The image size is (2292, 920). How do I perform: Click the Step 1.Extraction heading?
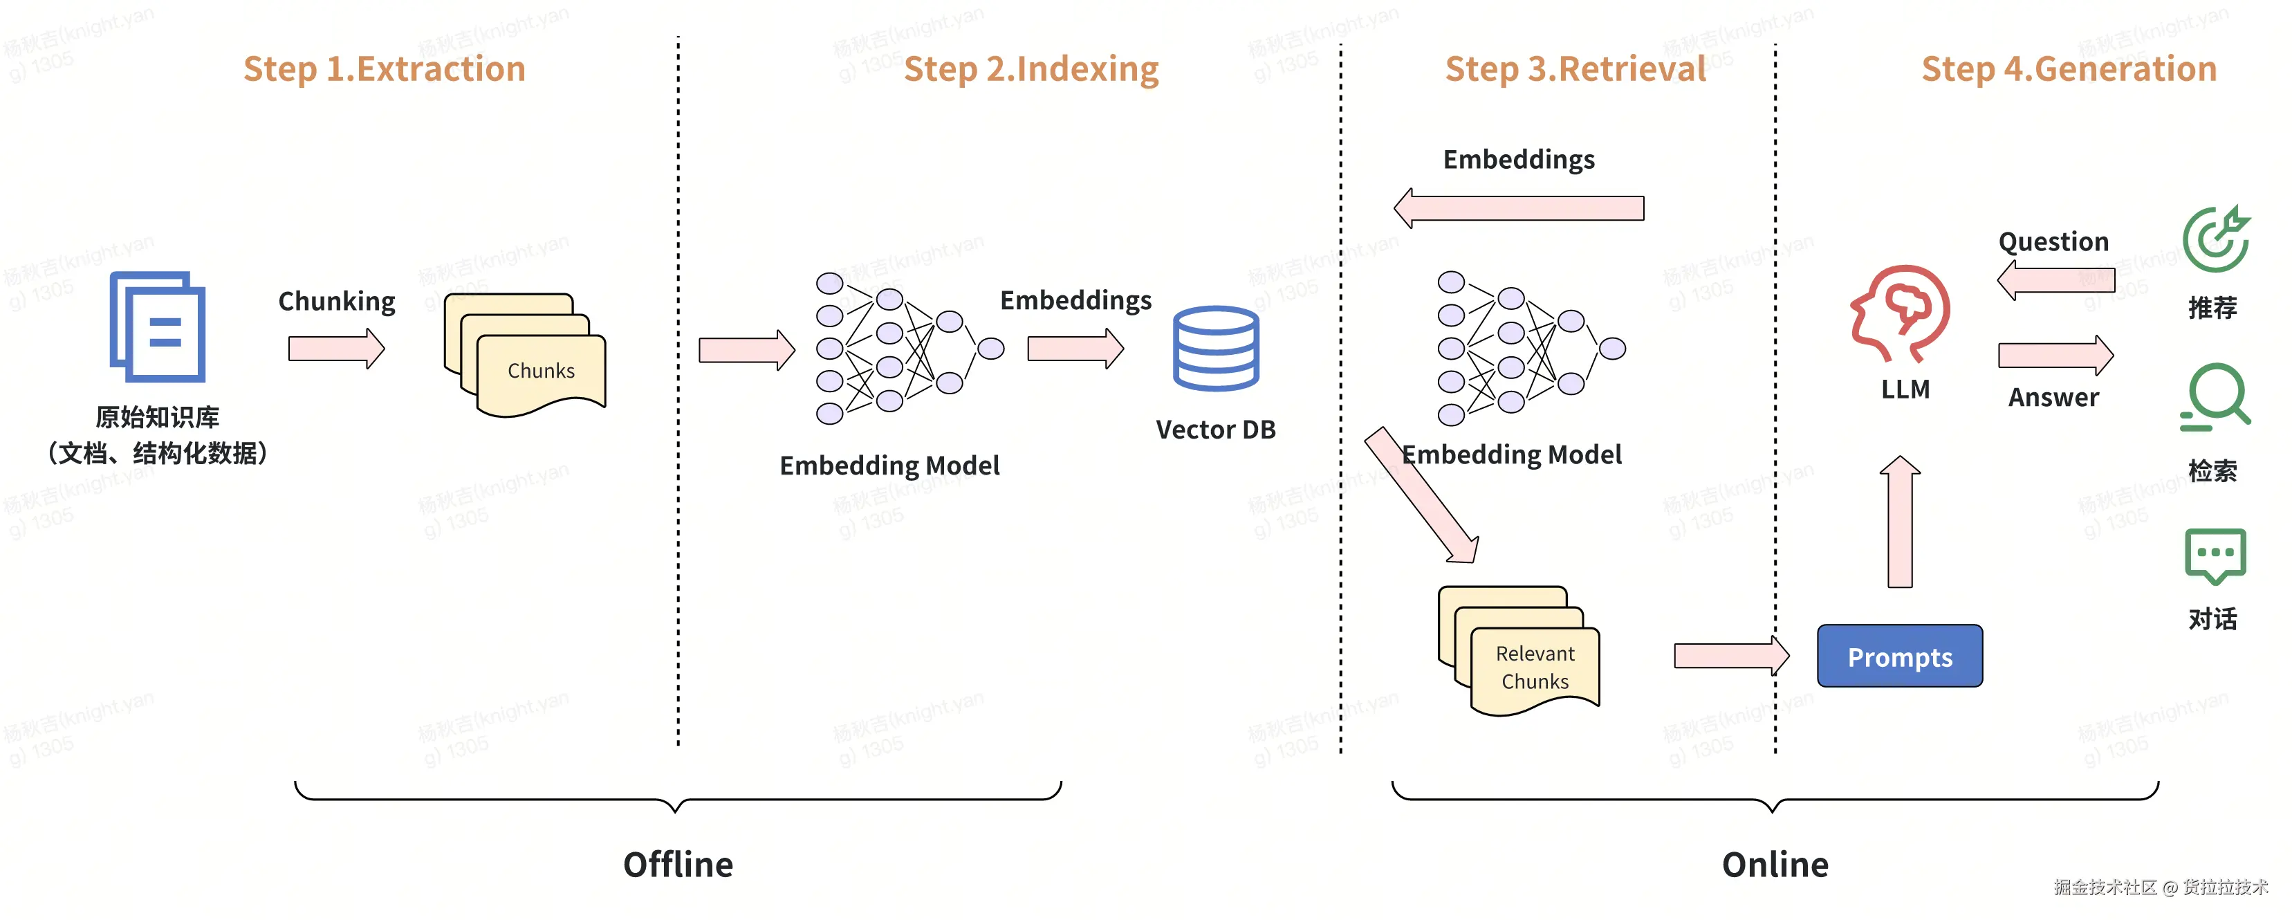click(385, 69)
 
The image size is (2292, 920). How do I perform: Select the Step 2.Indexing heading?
click(1031, 69)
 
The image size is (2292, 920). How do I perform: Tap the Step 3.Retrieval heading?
click(1575, 69)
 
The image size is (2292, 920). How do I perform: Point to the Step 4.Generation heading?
click(2069, 69)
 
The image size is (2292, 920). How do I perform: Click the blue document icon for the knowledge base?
click(158, 326)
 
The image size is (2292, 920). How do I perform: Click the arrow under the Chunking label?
click(336, 348)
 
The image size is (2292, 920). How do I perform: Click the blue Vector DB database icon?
click(1215, 348)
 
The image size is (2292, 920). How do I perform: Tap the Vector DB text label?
click(1215, 430)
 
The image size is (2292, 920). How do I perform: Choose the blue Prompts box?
click(1900, 656)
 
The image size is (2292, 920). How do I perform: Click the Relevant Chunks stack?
click(1519, 652)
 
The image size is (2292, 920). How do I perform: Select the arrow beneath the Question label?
click(2055, 280)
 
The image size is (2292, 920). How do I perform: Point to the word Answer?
click(2053, 398)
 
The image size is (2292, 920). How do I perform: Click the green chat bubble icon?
click(2215, 556)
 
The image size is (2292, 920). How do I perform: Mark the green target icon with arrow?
click(2215, 239)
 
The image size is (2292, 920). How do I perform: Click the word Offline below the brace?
click(678, 865)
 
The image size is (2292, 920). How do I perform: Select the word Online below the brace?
click(1775, 865)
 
